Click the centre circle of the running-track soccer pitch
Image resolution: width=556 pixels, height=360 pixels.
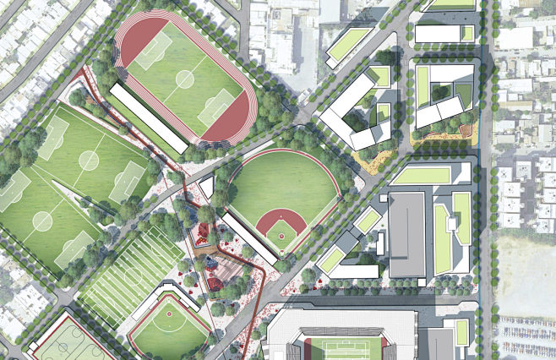[184, 78]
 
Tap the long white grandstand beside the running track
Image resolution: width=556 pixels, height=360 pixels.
[148, 117]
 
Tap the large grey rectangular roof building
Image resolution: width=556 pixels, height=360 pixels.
[407, 233]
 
